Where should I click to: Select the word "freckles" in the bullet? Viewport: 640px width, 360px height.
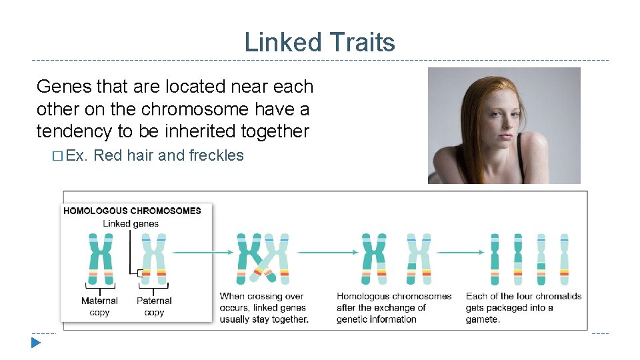217,156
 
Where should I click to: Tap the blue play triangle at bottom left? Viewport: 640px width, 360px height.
35,343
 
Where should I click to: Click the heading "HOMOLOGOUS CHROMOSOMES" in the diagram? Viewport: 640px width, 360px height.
132,211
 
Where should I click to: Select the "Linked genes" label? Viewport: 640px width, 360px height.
131,224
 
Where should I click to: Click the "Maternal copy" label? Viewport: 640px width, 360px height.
99,307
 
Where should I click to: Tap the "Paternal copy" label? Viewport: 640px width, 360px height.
154,307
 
